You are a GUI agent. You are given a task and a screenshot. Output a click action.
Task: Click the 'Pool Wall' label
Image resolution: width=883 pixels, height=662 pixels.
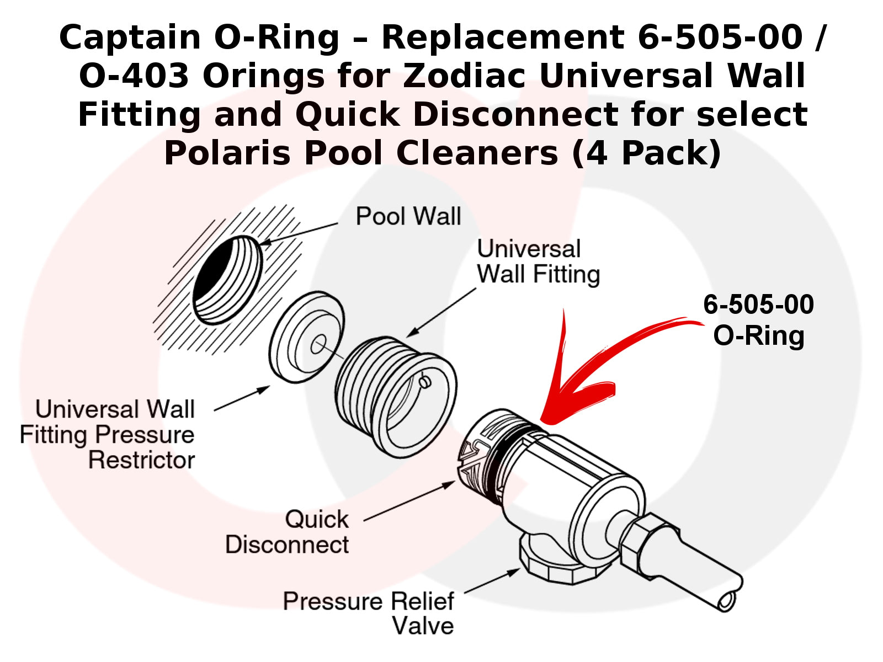408,216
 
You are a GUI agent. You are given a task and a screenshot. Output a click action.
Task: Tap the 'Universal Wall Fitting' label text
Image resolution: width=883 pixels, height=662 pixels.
538,262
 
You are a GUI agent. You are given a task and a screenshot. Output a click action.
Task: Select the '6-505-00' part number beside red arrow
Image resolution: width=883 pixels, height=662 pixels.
758,305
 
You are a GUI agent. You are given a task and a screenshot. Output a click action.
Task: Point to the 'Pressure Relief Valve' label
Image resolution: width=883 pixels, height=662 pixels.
368,613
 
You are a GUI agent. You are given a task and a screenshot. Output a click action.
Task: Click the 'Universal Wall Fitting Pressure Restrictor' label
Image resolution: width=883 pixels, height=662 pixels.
108,435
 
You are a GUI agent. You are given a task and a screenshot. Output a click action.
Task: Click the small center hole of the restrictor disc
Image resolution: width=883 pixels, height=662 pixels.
318,346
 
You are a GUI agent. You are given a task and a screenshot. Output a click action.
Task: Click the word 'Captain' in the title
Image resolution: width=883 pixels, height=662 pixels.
130,38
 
